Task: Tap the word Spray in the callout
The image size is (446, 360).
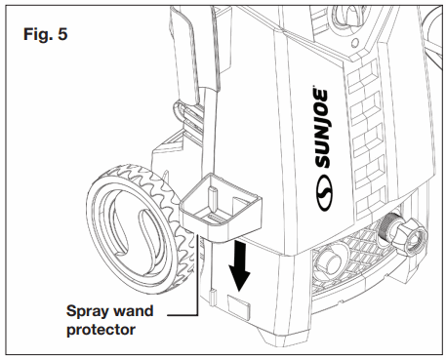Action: click(x=88, y=312)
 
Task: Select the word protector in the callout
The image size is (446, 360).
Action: click(x=103, y=331)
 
